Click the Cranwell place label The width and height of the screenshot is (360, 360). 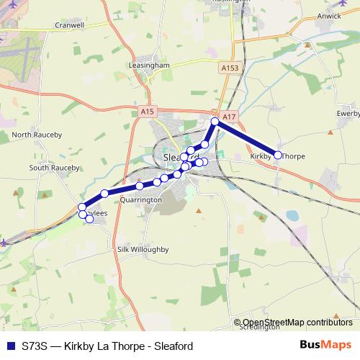(70, 24)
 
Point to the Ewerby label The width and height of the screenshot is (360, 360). (347, 113)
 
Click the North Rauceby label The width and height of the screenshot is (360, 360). (37, 135)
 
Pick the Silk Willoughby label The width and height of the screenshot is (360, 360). (142, 249)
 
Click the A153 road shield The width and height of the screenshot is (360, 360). (230, 67)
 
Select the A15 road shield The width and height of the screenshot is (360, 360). (148, 112)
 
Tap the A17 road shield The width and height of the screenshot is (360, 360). (229, 117)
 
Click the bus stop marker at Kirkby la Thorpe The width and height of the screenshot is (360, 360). (278, 155)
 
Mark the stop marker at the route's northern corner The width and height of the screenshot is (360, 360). (215, 122)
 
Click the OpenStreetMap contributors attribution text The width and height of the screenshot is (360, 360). (297, 323)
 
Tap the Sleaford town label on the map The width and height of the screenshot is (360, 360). (176, 156)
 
